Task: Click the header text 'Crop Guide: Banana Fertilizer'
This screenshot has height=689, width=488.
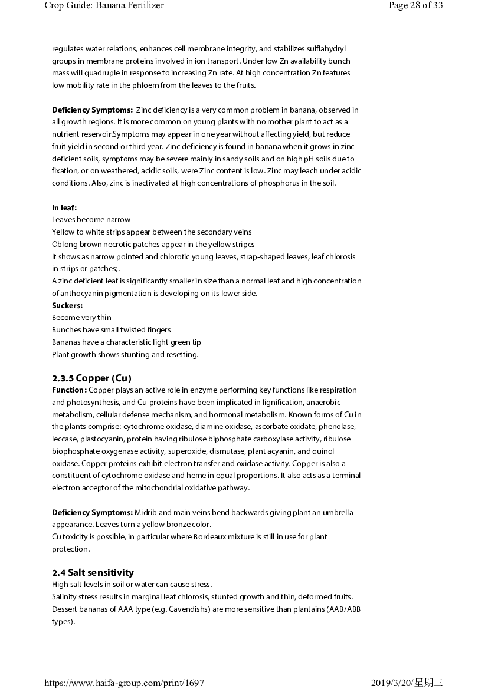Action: click(104, 6)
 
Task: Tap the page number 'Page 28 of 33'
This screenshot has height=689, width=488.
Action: click(415, 6)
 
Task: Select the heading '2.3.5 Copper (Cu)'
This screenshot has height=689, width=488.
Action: click(91, 378)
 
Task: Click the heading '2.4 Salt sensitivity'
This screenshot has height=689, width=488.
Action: click(93, 572)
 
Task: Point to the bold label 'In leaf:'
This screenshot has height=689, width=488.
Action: click(64, 207)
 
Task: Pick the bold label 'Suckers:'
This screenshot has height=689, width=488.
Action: click(67, 305)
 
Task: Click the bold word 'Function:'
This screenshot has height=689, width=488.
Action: click(69, 390)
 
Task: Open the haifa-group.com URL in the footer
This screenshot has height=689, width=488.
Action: click(125, 683)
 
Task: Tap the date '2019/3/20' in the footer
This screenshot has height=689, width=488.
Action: click(391, 683)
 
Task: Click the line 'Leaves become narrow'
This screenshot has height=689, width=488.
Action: click(91, 220)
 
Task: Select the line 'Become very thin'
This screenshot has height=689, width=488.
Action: click(81, 318)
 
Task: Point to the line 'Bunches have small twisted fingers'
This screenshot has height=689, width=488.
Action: click(111, 330)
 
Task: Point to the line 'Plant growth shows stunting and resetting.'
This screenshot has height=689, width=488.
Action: click(125, 355)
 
